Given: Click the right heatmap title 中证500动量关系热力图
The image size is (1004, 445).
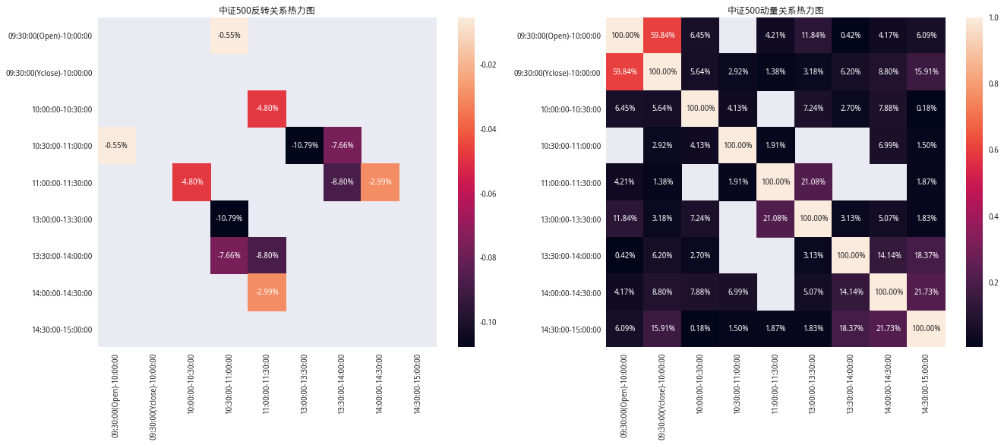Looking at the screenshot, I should pos(775,11).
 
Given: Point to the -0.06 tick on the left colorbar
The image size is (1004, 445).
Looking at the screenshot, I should pos(488,194).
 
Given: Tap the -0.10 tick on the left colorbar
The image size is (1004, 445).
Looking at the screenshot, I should pos(488,322).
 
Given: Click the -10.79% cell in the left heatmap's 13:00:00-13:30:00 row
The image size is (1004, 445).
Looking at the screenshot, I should pos(229,219).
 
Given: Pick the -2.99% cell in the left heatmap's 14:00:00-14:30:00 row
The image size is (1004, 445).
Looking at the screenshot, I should pos(267,292).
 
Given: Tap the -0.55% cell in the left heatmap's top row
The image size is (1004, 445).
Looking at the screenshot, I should pos(229,36).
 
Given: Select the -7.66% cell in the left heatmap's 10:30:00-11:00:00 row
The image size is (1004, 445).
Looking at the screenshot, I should pos(343,146).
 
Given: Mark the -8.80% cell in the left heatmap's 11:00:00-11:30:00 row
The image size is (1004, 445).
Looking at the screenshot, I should pos(343,182).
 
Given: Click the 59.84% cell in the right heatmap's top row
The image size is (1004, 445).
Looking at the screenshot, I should pos(663,36).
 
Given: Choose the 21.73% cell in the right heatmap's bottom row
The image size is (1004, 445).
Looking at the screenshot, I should pos(889,329).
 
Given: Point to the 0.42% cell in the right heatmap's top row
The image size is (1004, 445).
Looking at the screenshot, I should pos(851,36).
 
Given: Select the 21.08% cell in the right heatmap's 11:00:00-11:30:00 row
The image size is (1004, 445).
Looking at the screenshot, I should pos(813,182).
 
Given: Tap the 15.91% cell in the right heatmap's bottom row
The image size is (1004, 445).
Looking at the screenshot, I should pos(663,329).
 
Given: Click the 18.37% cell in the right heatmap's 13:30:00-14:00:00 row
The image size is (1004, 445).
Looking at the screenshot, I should pos(927,256).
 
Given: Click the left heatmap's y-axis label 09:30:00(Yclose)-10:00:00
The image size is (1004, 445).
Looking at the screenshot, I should pos(50,73).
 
